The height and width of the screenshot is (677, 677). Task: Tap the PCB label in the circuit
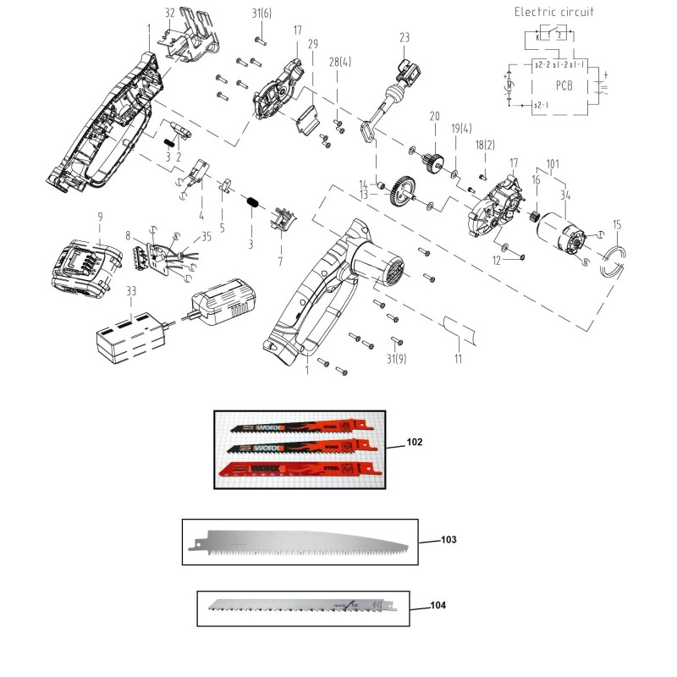pos(565,85)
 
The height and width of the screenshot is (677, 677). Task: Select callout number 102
pos(413,442)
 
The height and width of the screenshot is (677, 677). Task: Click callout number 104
pos(438,605)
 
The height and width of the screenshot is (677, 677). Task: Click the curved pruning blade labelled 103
pos(305,542)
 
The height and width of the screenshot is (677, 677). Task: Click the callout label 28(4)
pos(337,62)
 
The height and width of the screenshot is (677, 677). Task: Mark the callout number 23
pos(404,37)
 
